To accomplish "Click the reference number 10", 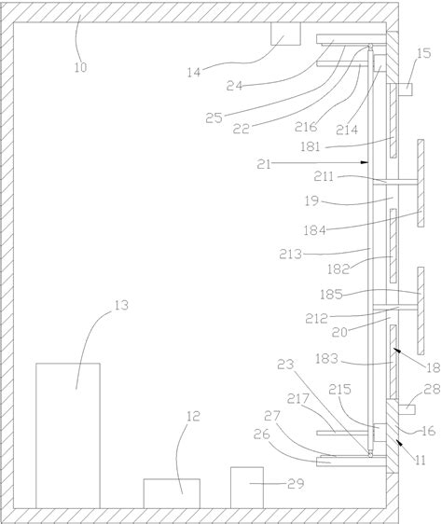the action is coord(80,67).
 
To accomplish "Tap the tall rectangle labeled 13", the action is coord(68,435).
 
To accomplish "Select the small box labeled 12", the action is coord(172,493).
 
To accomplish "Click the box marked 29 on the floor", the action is coord(247,488).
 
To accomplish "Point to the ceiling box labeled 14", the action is coord(285,34).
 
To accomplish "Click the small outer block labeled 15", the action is coord(406,90).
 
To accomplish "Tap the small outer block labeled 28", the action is coord(407,409).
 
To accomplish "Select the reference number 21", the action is coord(264,164).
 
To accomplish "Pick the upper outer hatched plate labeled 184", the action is coord(421,183).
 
